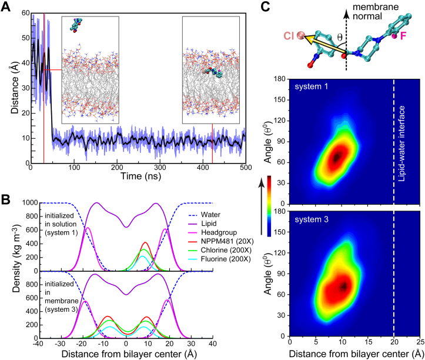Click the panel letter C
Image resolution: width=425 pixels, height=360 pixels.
click(x=265, y=6)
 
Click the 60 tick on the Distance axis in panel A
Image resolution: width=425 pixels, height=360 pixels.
click(x=22, y=12)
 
